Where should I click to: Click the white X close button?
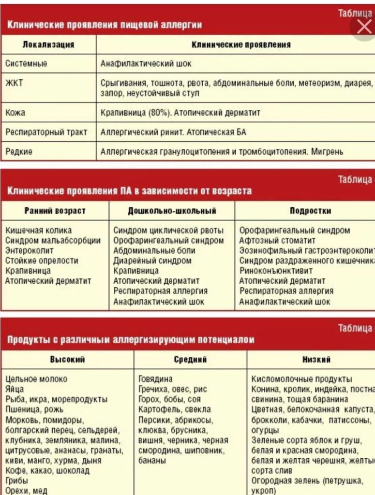coord(363,27)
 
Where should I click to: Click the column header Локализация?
coord(48,44)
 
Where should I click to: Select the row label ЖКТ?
coord(14,83)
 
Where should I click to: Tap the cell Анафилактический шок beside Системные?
coord(146,63)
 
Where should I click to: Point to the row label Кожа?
coord(15,113)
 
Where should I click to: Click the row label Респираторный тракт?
coord(46,132)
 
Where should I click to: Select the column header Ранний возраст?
coord(55,211)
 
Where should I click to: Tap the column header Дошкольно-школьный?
coord(172,211)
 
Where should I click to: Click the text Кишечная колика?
coord(39,231)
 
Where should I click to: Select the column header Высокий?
coord(67,359)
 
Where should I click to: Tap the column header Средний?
coord(190,359)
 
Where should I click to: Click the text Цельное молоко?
coord(37,379)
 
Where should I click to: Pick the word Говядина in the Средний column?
coord(155,379)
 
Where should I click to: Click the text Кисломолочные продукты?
coord(302,379)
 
